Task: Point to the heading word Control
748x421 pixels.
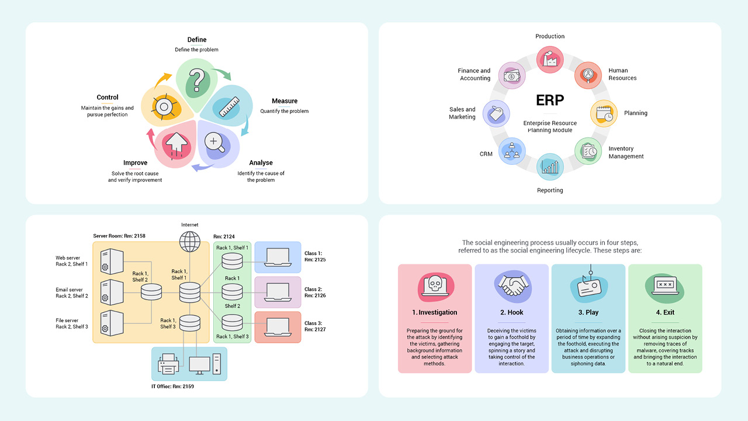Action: point(108,98)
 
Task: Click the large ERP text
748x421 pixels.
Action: point(550,100)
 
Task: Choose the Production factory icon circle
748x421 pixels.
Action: point(550,60)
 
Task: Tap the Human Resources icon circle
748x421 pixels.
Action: point(588,75)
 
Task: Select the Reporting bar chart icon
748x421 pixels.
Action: point(550,167)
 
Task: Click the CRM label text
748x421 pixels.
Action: point(486,154)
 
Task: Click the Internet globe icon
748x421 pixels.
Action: point(190,241)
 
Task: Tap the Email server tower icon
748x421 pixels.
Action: point(112,292)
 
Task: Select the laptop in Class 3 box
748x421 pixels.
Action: point(277,326)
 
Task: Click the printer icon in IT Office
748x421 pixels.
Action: point(169,364)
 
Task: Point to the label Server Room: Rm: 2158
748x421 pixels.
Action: point(119,236)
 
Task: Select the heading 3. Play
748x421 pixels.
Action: point(588,312)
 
